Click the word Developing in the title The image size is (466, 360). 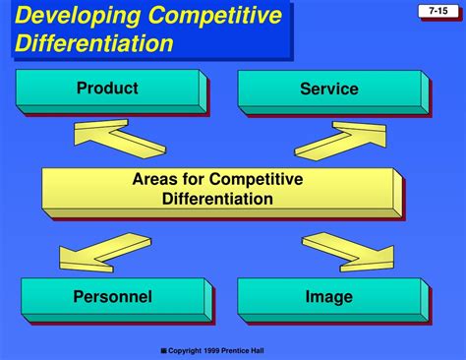point(72,16)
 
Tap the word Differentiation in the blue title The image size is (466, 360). point(94,43)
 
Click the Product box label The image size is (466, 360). point(107,89)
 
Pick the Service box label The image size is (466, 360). point(328,90)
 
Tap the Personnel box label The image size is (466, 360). point(112,296)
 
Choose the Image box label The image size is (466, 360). point(328,296)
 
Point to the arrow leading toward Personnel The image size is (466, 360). point(99,252)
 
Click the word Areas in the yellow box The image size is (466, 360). point(154,179)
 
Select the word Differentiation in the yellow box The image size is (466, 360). point(217,199)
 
